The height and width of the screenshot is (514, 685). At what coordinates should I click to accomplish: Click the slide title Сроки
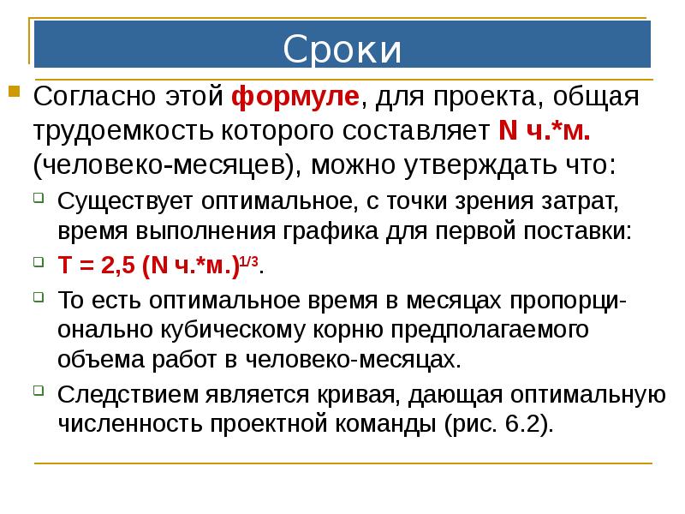pyautogui.click(x=342, y=49)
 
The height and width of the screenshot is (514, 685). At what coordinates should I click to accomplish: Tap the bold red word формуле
pyautogui.click(x=295, y=97)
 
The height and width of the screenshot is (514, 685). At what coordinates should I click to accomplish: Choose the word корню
pyautogui.click(x=346, y=329)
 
